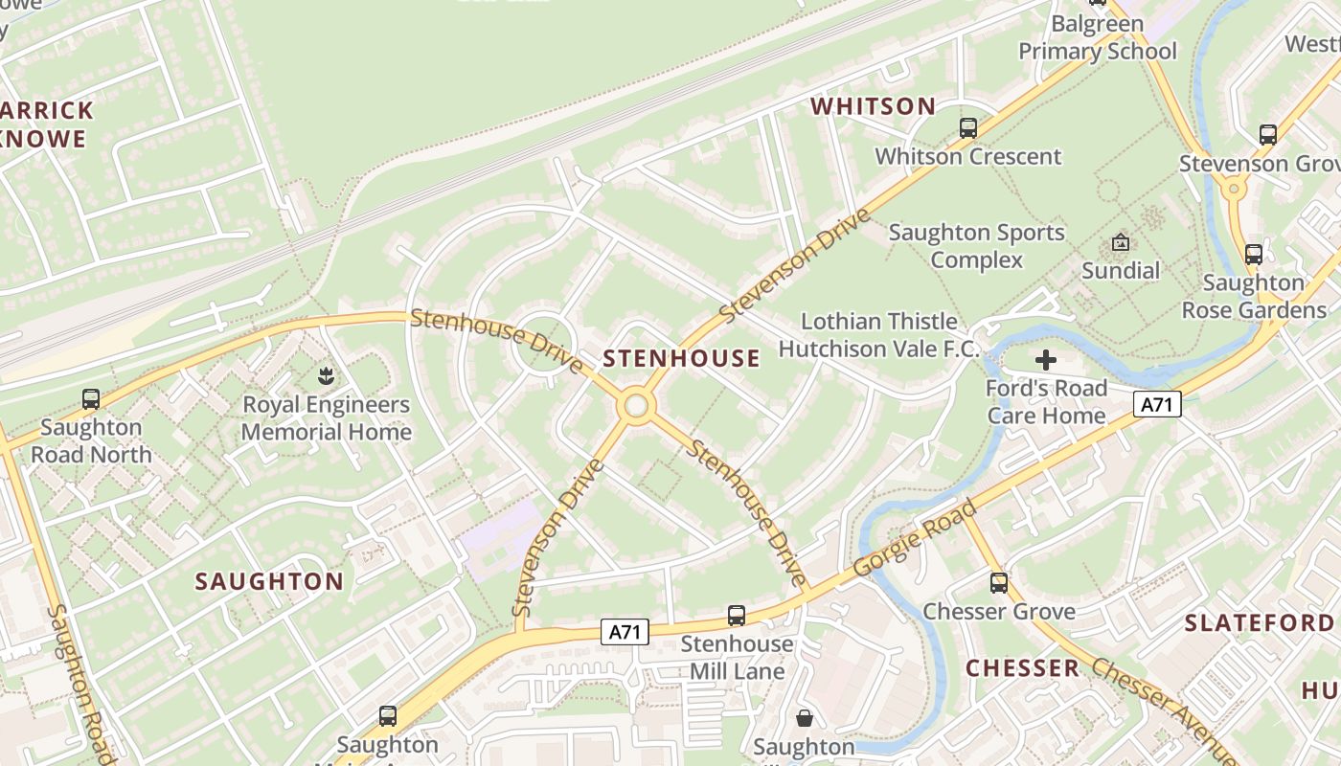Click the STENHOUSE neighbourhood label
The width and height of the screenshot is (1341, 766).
click(x=681, y=358)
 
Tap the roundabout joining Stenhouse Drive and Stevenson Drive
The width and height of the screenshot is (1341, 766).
click(x=635, y=406)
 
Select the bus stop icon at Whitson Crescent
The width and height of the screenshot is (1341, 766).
click(x=968, y=127)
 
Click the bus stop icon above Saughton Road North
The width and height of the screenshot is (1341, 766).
click(x=91, y=398)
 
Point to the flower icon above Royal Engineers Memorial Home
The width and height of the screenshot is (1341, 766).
click(x=326, y=374)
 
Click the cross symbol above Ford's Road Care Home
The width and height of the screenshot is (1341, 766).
click(x=1046, y=360)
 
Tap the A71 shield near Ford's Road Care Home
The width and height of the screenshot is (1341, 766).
click(x=1157, y=404)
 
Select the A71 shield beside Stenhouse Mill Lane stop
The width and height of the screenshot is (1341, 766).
click(x=625, y=631)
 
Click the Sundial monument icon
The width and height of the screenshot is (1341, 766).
click(x=1120, y=242)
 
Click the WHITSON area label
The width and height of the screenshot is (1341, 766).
click(x=873, y=106)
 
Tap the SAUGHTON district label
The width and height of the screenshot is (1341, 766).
click(x=269, y=581)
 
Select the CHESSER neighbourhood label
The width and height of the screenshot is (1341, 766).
click(x=1022, y=668)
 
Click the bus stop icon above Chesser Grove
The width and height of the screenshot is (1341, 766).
click(x=999, y=582)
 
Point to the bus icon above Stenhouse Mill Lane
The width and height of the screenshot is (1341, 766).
click(x=736, y=615)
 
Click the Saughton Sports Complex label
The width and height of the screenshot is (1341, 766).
click(x=976, y=246)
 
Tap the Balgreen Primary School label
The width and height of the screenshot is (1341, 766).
click(x=1097, y=37)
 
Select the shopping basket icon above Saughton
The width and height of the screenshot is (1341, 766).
click(x=804, y=717)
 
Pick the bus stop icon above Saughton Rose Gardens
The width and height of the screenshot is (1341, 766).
click(x=1253, y=254)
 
